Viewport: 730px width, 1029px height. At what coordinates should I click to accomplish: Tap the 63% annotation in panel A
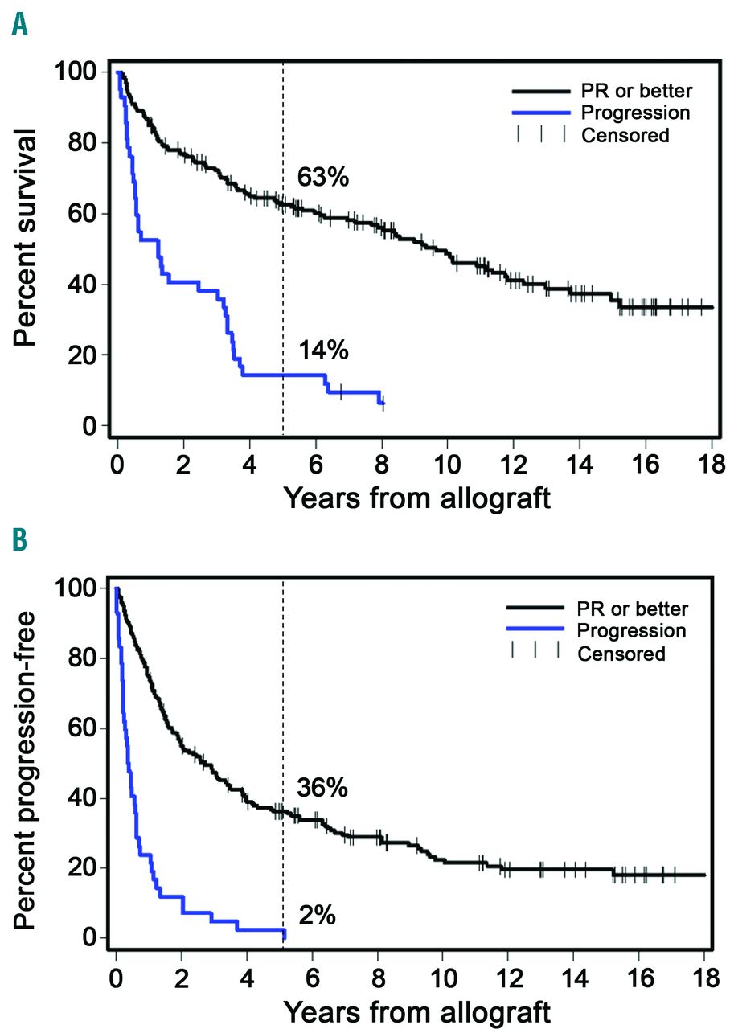tap(323, 177)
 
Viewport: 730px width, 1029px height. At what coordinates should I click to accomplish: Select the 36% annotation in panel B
tap(322, 789)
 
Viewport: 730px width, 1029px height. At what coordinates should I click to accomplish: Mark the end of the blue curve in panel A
tap(383, 404)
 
